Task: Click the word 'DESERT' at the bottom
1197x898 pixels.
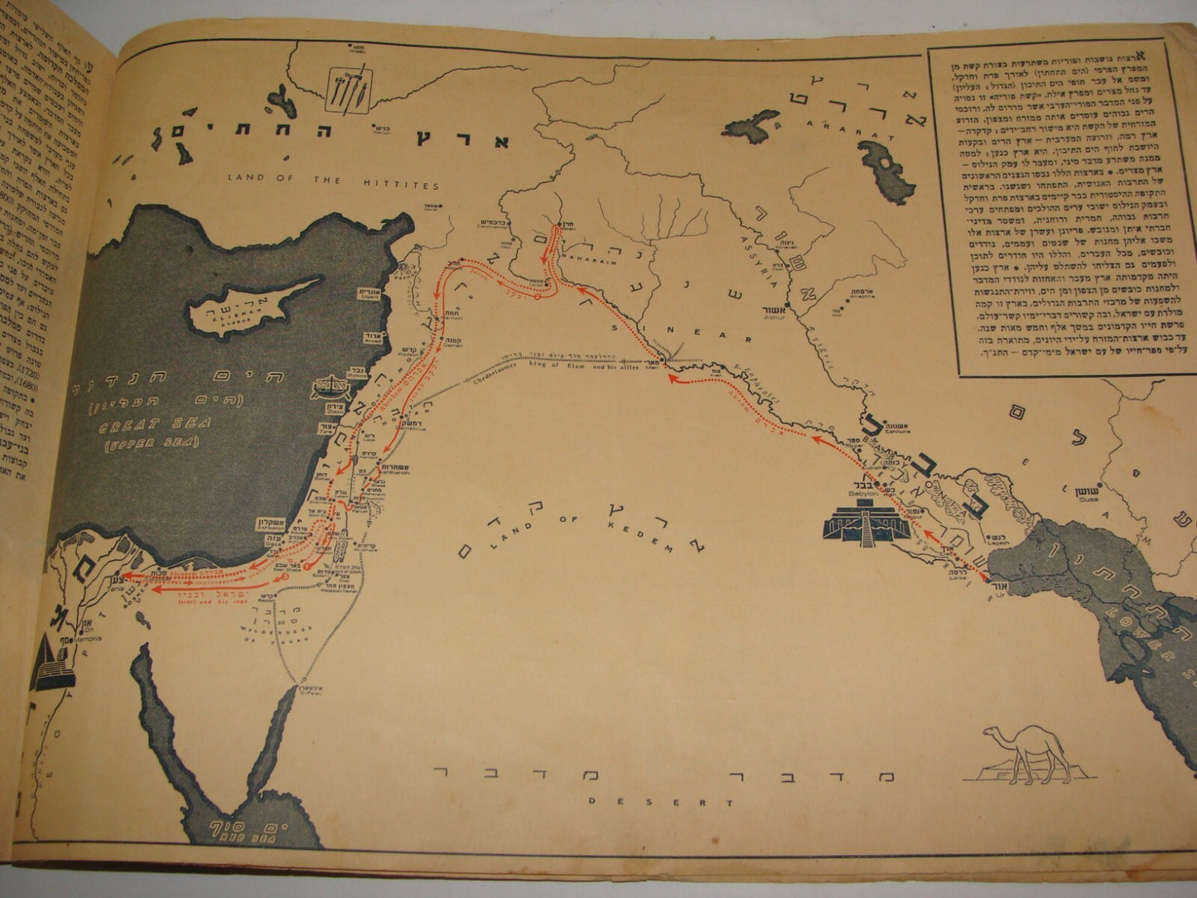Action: (x=661, y=802)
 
